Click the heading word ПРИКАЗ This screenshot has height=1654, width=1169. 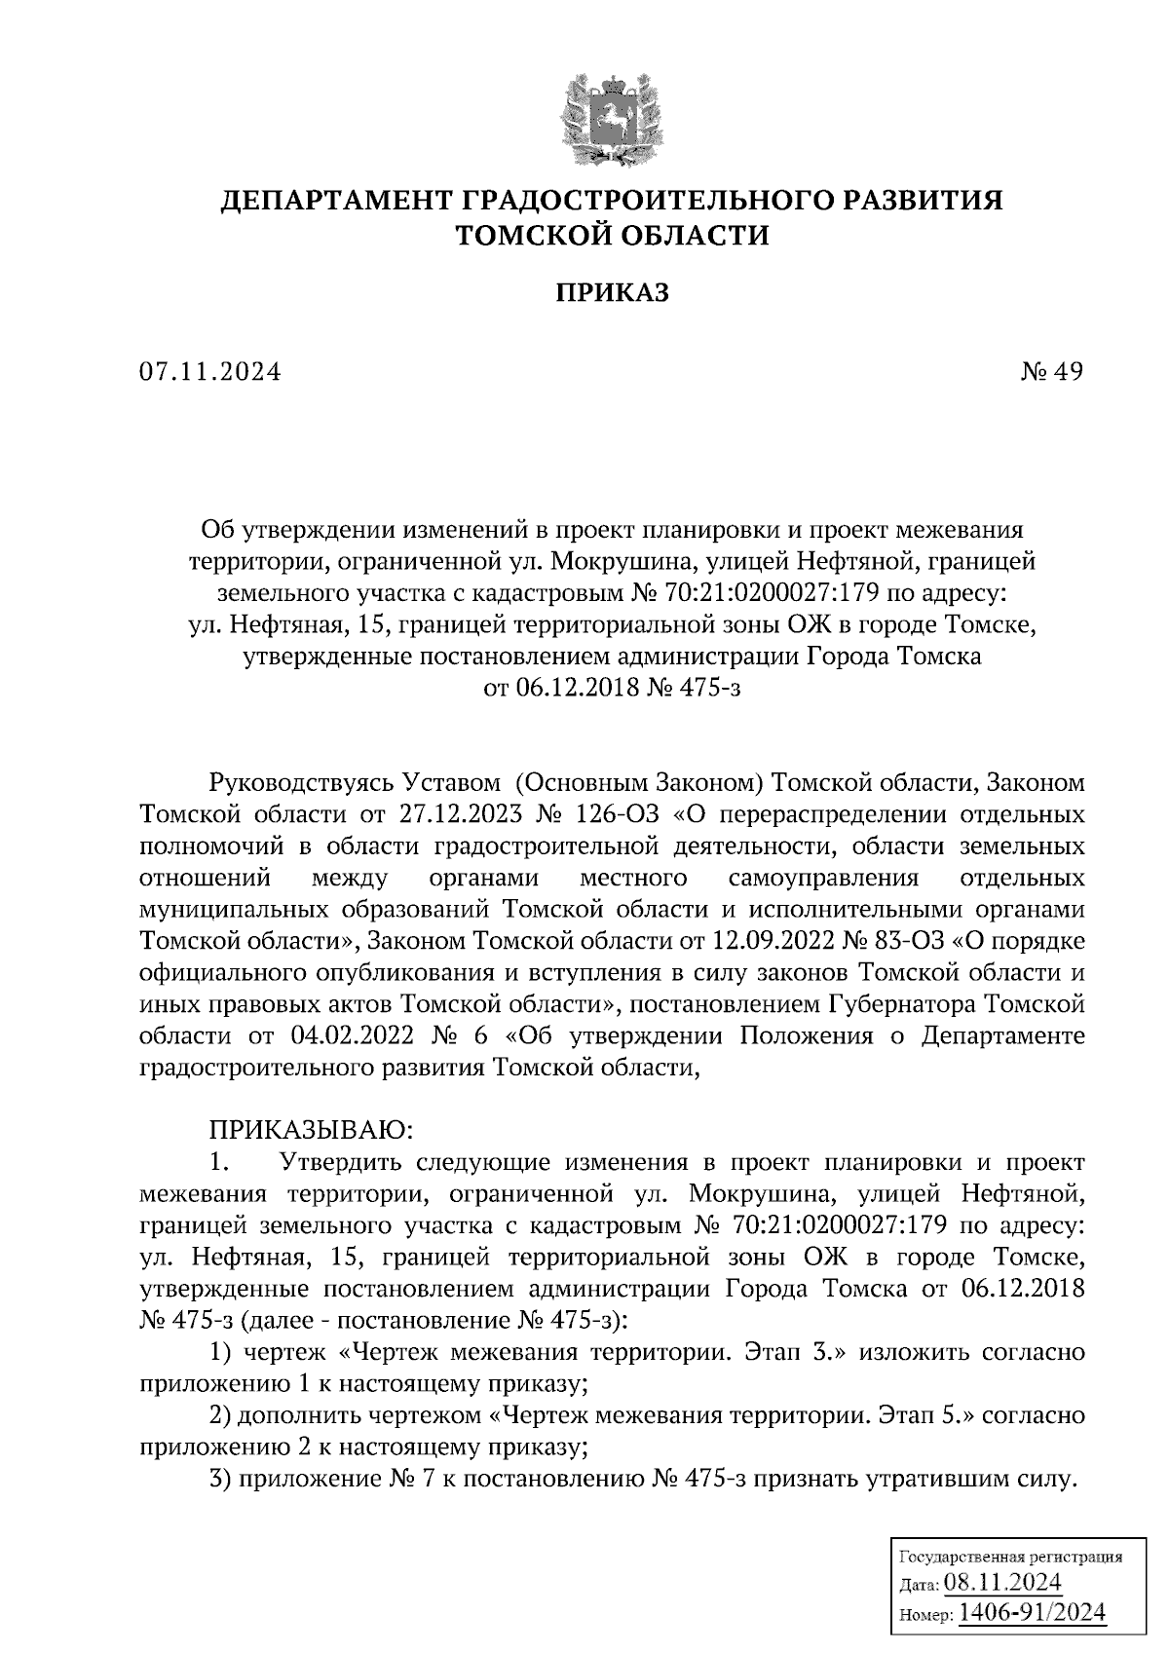click(x=613, y=292)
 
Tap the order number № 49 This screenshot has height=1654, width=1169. click(x=1052, y=371)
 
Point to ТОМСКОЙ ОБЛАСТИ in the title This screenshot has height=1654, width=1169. click(x=613, y=235)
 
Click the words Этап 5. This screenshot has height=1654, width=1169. click(x=921, y=1415)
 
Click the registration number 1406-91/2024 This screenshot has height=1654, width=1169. click(x=1033, y=1613)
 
